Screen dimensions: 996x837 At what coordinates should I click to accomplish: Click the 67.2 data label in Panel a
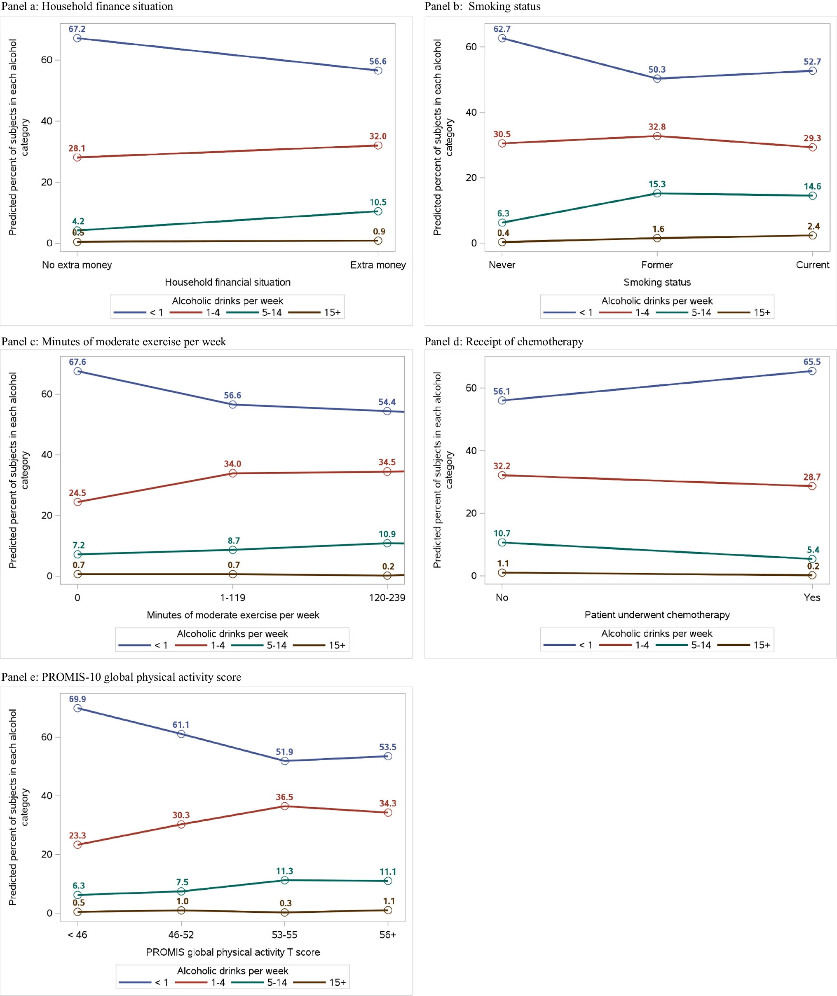77,29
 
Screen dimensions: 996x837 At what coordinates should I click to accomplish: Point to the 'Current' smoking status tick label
812,265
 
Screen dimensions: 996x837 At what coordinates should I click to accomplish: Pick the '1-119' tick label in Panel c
232,598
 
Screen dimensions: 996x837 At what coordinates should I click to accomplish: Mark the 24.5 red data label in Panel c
77,493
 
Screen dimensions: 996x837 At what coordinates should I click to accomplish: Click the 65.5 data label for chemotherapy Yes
811,361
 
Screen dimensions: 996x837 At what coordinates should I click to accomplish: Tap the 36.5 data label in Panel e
284,797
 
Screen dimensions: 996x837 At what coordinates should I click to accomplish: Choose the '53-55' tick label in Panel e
284,935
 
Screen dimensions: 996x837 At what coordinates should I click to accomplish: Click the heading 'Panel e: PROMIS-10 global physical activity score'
121,677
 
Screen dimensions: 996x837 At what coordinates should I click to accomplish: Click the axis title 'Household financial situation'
227,282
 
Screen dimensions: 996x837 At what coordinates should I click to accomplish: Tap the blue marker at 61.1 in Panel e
181,734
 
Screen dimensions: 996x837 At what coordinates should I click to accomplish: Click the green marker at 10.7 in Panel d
502,542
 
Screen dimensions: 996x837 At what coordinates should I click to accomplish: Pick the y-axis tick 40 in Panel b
471,112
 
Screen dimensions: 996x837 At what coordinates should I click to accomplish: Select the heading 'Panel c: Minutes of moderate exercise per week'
113,342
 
